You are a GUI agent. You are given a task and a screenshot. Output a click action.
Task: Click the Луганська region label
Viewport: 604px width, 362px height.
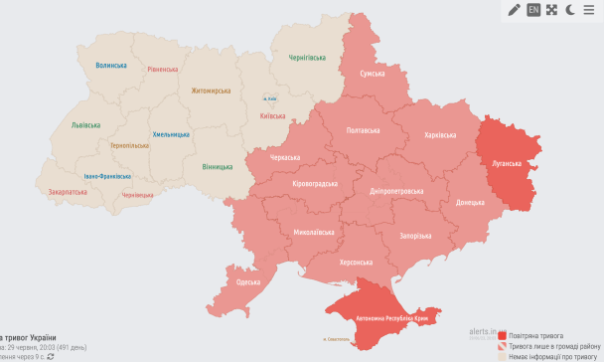509,162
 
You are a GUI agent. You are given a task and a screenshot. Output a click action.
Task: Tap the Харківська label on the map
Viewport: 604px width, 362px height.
440,134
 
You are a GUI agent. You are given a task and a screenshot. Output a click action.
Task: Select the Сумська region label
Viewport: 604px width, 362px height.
373,74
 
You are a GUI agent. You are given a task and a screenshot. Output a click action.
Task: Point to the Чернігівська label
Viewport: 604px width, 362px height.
307,59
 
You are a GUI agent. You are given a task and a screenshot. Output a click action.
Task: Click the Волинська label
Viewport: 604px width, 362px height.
111,65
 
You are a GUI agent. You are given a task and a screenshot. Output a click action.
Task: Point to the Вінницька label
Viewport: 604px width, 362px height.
218,167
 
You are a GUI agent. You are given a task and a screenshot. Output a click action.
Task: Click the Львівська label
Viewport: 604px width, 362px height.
85,125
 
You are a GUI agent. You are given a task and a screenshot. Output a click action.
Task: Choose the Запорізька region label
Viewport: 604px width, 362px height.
414,236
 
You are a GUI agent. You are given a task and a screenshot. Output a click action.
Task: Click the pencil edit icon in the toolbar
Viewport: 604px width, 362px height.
514,10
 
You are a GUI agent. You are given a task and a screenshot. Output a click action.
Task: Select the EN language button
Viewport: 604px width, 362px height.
533,10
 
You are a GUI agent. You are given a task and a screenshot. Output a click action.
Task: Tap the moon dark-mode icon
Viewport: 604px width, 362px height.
570,10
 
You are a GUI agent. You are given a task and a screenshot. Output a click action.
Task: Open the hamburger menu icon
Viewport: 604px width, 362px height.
590,10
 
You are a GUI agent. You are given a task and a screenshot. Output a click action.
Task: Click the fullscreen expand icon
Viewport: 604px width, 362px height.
552,10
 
